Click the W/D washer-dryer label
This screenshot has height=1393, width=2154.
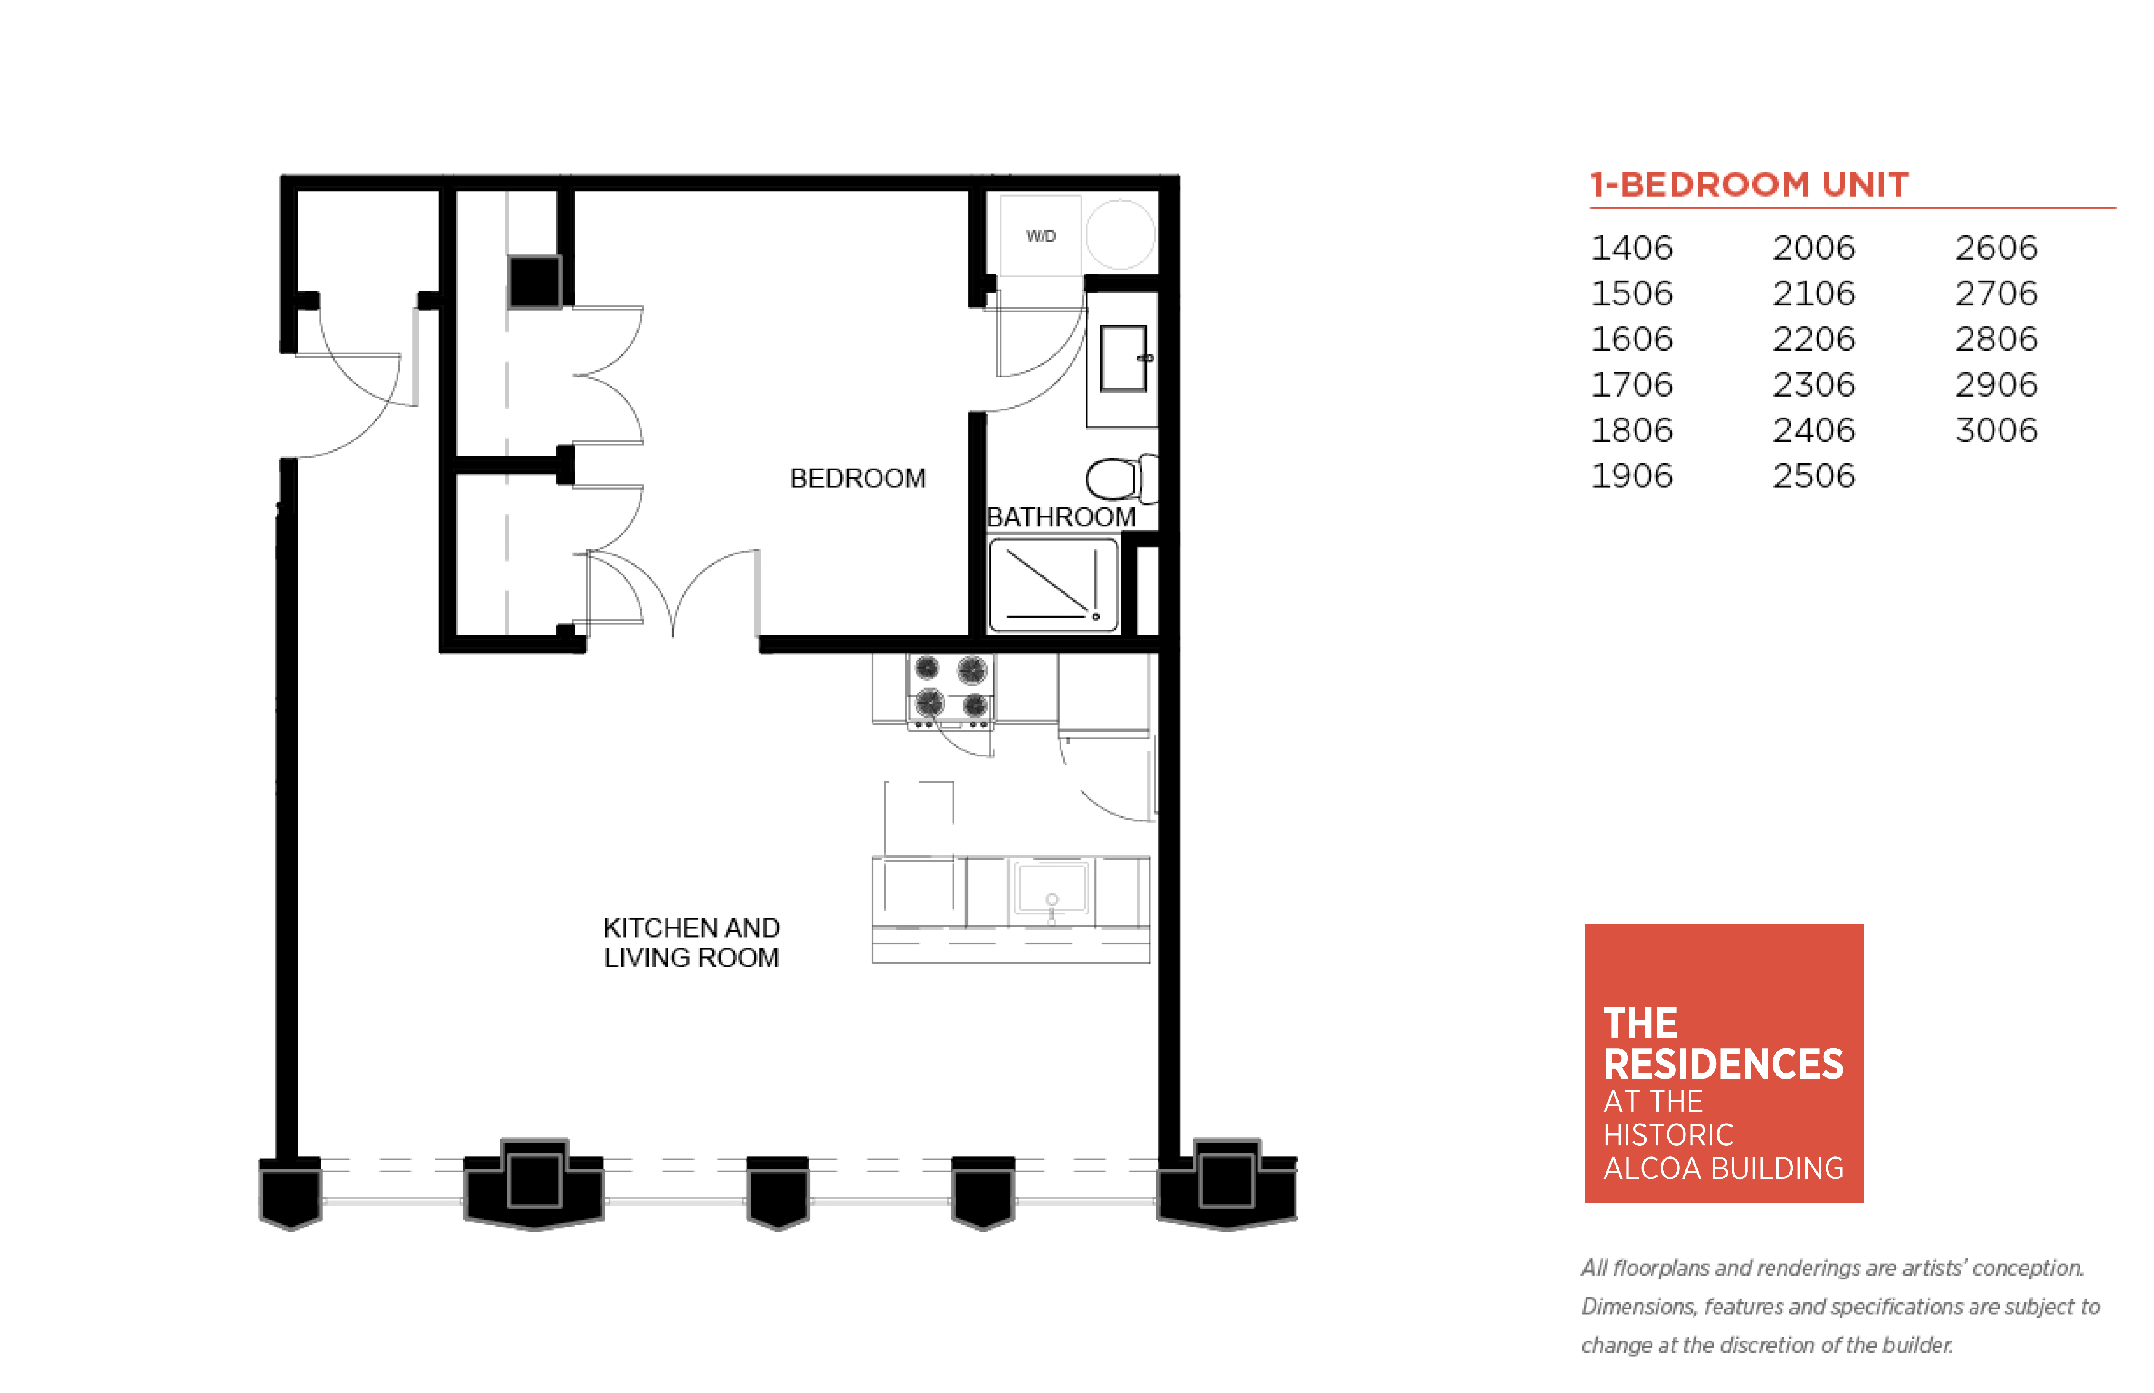(x=1041, y=236)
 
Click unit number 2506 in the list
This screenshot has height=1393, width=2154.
(x=1813, y=476)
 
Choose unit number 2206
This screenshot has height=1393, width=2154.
(x=1813, y=339)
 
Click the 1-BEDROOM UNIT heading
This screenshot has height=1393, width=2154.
(x=1749, y=184)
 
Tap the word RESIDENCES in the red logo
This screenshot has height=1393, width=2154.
(x=1723, y=1065)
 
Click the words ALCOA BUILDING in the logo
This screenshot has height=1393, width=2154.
(x=1723, y=1169)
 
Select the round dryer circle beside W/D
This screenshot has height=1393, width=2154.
(x=1121, y=234)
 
